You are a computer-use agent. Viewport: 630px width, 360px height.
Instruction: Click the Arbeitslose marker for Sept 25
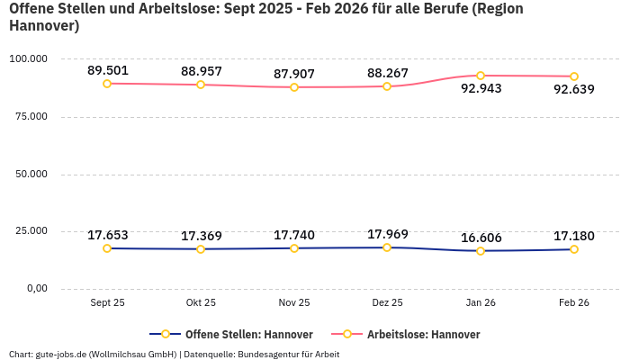point(107,84)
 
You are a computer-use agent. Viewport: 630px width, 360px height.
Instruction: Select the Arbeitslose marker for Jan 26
point(481,76)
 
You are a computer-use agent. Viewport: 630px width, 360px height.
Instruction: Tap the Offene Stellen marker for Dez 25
point(387,247)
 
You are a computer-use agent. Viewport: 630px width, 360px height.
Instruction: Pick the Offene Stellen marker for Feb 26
point(574,249)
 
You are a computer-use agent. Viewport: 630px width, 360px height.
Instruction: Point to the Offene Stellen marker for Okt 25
point(201,249)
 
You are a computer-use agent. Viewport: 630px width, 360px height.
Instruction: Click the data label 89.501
point(107,70)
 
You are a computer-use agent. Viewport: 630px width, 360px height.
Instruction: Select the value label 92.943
point(481,89)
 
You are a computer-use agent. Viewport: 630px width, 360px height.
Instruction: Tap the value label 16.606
point(481,238)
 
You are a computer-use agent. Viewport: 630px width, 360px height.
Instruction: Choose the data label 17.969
point(387,235)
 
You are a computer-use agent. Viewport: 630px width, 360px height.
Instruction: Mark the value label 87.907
point(294,74)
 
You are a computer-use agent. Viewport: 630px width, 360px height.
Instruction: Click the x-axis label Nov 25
point(294,303)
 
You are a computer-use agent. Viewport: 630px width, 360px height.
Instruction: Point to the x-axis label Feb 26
point(574,303)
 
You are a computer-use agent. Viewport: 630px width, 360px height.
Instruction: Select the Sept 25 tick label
point(107,303)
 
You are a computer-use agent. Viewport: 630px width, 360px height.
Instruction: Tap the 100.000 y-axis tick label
point(28,59)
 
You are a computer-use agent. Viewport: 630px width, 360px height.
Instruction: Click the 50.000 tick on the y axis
point(31,175)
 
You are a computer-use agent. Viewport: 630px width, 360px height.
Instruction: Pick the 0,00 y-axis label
point(35,289)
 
